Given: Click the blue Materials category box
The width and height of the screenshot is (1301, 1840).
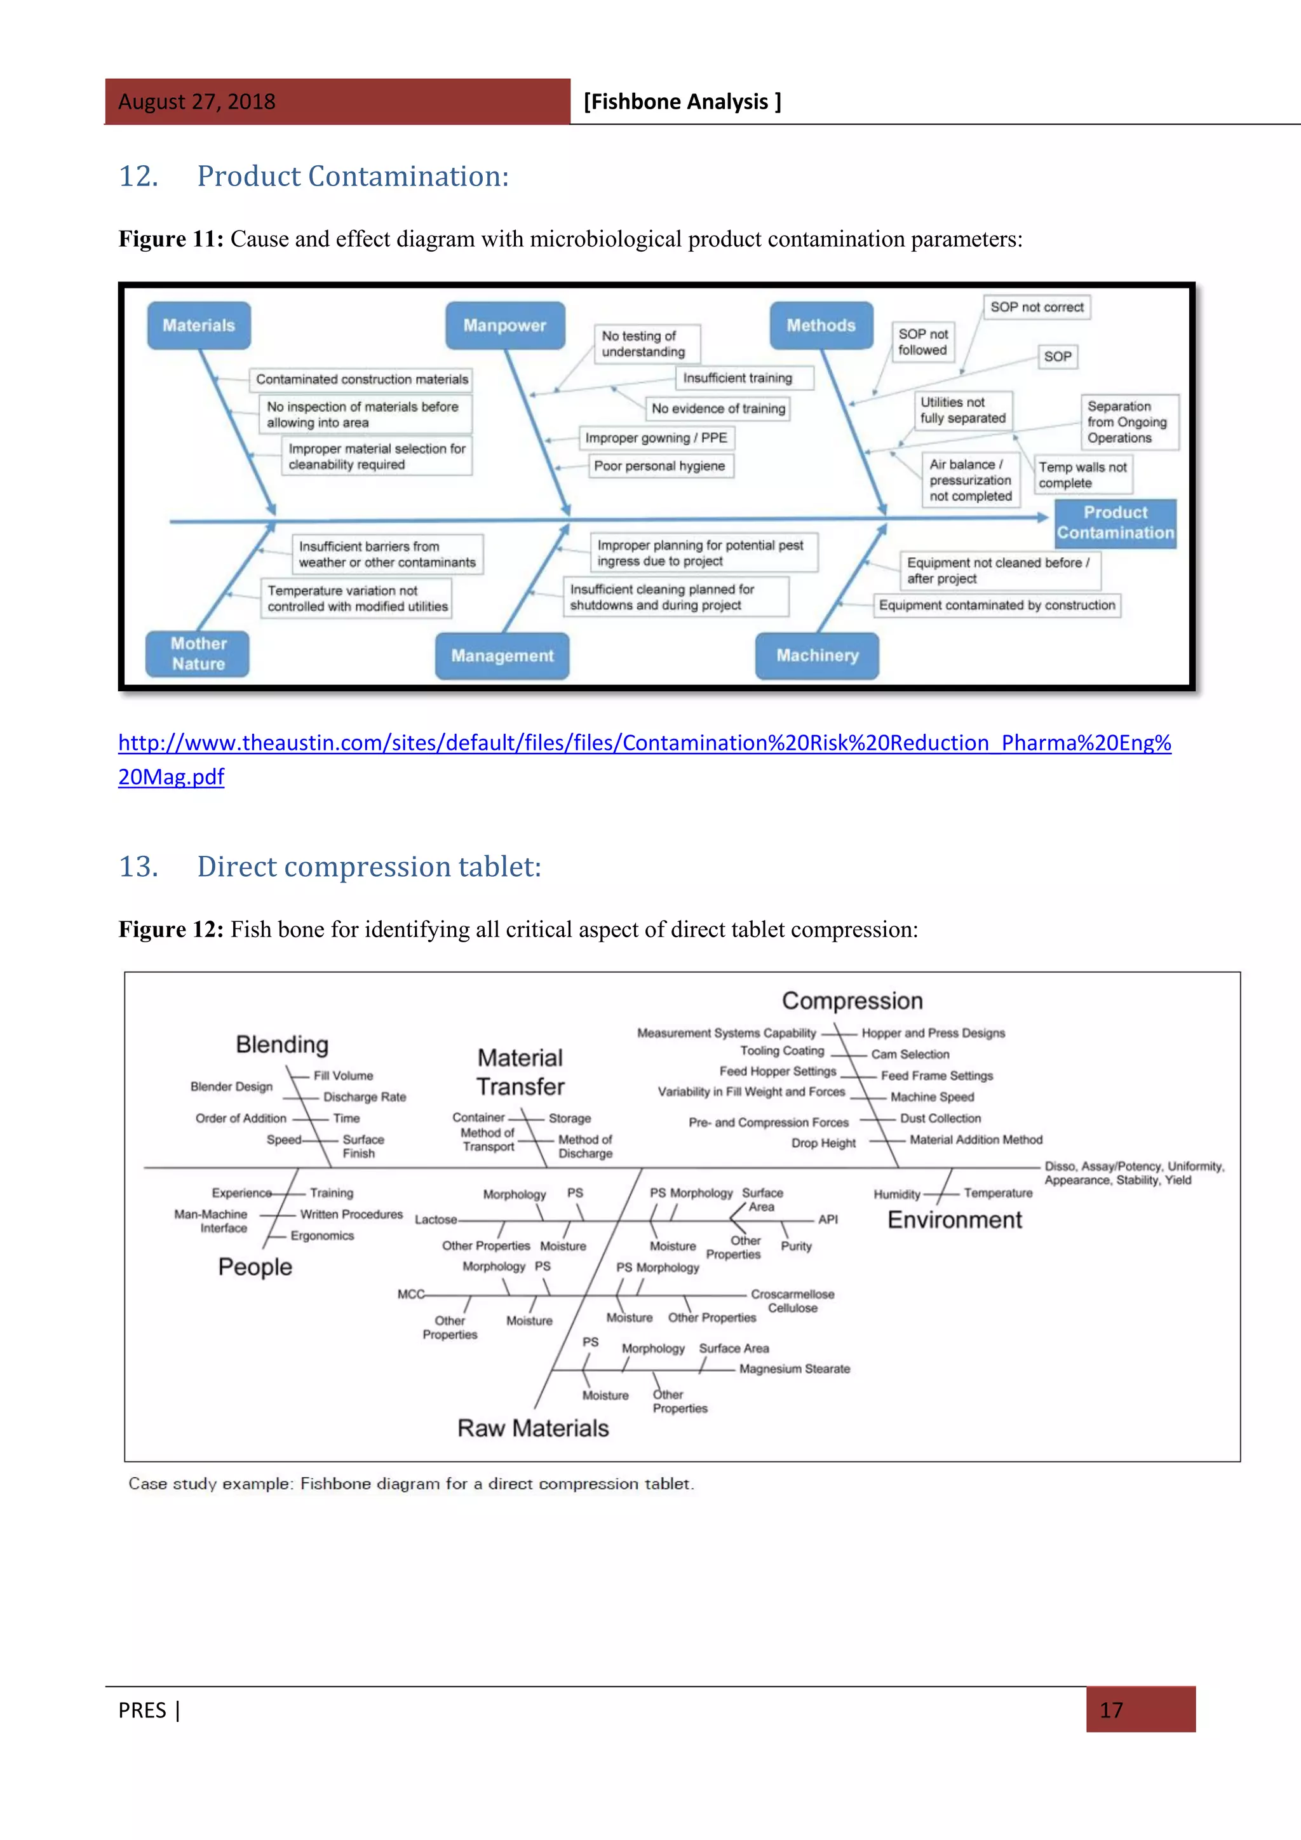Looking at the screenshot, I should coord(199,325).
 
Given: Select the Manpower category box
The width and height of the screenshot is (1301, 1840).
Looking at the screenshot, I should coord(504,325).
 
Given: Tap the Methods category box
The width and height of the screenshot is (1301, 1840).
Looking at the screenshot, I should coord(821,325).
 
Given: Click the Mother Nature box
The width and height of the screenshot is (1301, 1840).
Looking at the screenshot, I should coord(198,654).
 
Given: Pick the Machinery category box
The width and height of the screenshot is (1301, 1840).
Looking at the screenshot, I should coord(817,656).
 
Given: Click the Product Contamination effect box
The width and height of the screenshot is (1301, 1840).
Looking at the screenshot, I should coord(1115,522).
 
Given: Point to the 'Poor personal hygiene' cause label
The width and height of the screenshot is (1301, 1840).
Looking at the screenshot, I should coord(659,466).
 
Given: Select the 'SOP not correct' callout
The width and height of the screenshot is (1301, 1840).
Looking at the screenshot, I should coord(1037,308).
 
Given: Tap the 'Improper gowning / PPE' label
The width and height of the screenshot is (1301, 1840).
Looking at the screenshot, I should coord(656,438).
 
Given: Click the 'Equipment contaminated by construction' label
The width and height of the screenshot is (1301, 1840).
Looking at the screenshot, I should coord(997,605).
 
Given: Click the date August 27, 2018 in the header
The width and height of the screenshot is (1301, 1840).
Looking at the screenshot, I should coord(197,102).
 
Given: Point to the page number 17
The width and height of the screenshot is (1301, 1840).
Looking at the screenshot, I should coord(1111,1710).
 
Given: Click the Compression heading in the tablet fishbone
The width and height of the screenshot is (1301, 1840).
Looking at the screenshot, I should coord(853,1001).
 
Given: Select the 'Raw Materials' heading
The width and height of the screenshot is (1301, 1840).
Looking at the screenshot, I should coord(533,1428).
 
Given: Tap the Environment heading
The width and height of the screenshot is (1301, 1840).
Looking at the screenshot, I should coord(954,1220).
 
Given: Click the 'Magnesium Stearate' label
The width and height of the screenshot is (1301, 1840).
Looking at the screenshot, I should coord(795,1369).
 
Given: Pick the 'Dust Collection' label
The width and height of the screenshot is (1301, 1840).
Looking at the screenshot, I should coord(941,1118).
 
